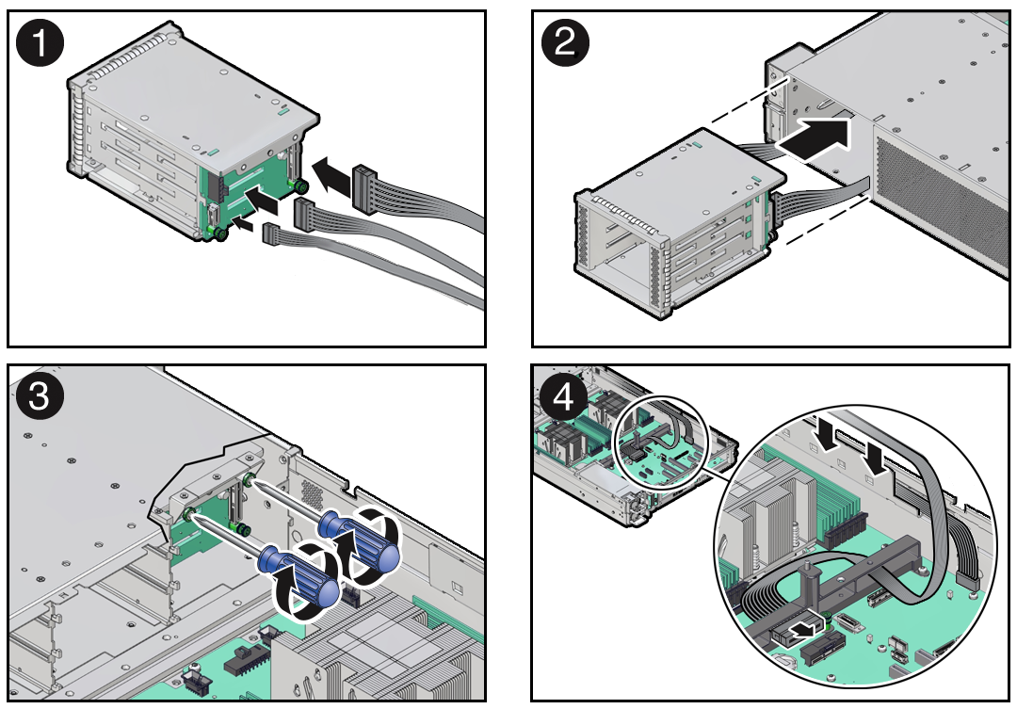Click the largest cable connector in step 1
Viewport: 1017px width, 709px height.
click(x=364, y=185)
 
